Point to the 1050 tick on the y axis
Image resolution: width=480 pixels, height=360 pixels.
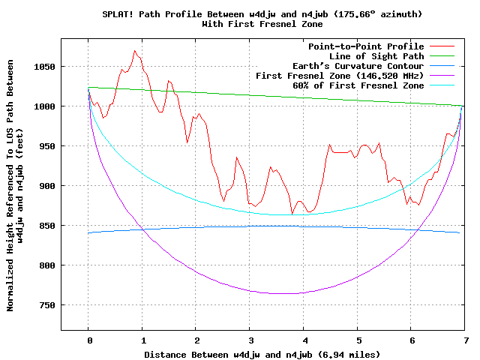44,67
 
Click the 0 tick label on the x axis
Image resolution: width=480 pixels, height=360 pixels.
88,340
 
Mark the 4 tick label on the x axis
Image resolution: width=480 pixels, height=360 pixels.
304,340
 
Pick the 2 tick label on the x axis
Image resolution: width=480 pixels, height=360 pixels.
196,340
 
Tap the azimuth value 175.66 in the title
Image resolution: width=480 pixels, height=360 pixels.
364,14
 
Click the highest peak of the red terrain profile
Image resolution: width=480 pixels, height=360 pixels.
134,50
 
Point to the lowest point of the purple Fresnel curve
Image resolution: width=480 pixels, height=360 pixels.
277,293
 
